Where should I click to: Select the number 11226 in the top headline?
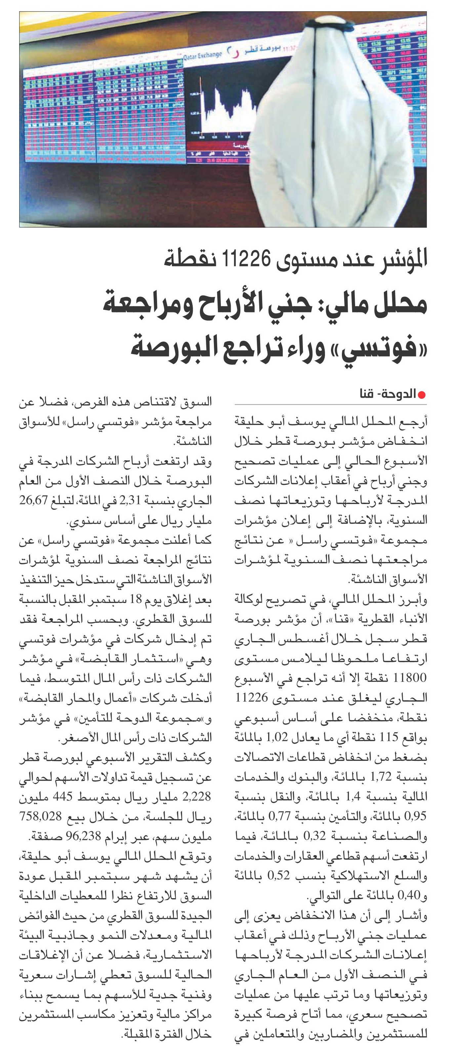point(246,259)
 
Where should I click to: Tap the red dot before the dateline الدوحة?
point(422,395)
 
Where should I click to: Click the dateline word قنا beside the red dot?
point(366,394)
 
